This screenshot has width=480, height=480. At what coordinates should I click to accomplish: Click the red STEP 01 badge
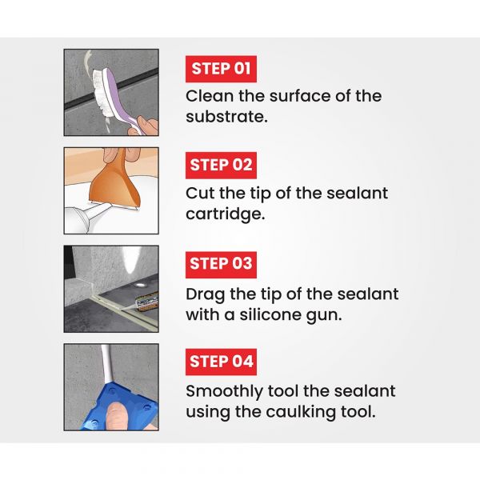pos(221,69)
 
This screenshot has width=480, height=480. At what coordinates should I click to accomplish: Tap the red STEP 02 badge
pos(221,166)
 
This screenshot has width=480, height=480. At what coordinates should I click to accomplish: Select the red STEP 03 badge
pos(221,264)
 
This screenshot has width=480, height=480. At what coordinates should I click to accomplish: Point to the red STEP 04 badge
pos(221,362)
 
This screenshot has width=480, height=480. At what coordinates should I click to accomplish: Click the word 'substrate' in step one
pos(226,117)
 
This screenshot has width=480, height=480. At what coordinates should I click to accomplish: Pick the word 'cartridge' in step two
pos(225,214)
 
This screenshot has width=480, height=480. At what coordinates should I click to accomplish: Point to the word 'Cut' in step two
pos(200,194)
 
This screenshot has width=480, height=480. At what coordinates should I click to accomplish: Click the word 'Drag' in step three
pos(205,294)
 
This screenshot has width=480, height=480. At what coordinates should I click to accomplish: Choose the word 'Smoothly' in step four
pos(224,391)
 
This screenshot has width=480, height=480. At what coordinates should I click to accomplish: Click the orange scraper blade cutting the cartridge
pos(114,184)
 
